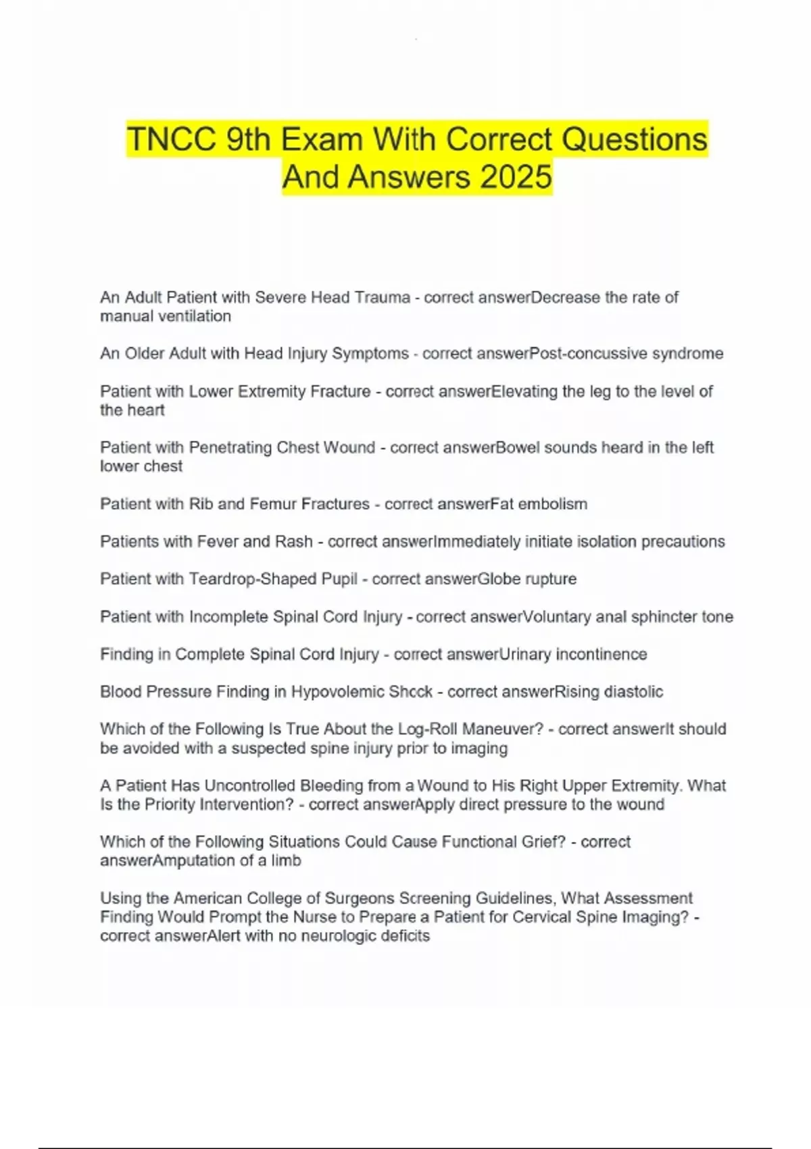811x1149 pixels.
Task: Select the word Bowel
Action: pos(518,447)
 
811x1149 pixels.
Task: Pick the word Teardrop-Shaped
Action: pos(272,579)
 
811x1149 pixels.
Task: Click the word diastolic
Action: pos(633,691)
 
